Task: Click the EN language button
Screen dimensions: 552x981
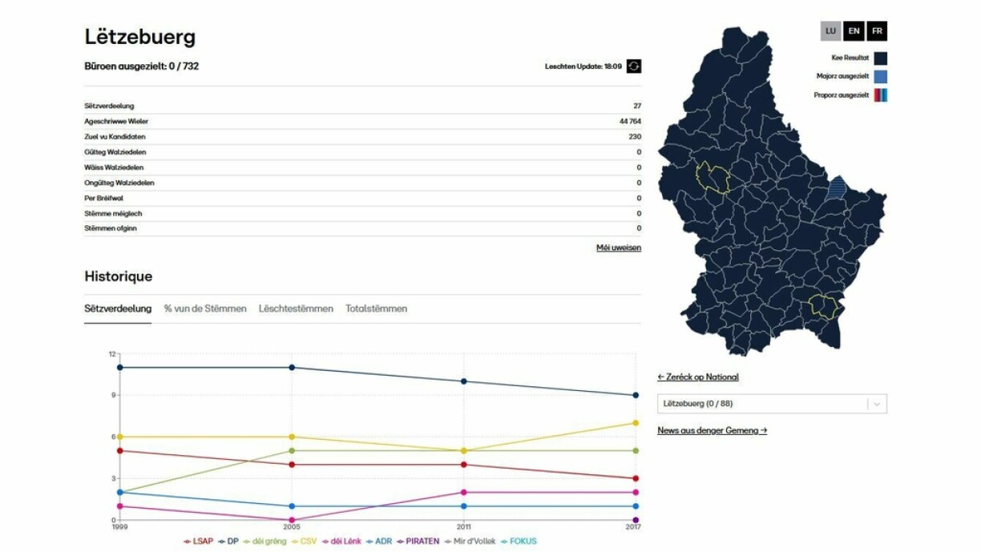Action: pyautogui.click(x=854, y=31)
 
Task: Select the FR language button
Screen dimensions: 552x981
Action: pyautogui.click(x=877, y=31)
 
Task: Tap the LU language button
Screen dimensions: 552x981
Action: pyautogui.click(x=830, y=31)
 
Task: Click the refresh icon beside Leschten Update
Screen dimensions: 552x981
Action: pyautogui.click(x=634, y=66)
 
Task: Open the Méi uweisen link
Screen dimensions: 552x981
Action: pyautogui.click(x=619, y=248)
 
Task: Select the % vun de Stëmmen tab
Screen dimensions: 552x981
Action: pyautogui.click(x=205, y=308)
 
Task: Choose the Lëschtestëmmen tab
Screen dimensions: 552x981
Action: pyautogui.click(x=296, y=308)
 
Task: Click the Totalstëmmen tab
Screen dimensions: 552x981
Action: pyautogui.click(x=377, y=308)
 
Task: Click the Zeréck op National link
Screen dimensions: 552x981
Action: pyautogui.click(x=698, y=377)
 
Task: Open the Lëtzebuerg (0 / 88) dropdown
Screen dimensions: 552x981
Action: pyautogui.click(x=772, y=404)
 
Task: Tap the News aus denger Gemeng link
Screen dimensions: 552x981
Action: pyautogui.click(x=712, y=430)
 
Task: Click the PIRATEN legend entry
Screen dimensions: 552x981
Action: pyautogui.click(x=418, y=542)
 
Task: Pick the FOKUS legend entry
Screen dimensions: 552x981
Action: pyautogui.click(x=519, y=542)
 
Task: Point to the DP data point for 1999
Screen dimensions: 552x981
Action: pyautogui.click(x=119, y=368)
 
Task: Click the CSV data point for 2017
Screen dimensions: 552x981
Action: pyautogui.click(x=636, y=423)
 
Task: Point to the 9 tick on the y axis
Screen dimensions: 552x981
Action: pyautogui.click(x=113, y=395)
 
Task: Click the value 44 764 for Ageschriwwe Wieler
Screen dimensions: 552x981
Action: pyautogui.click(x=630, y=122)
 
